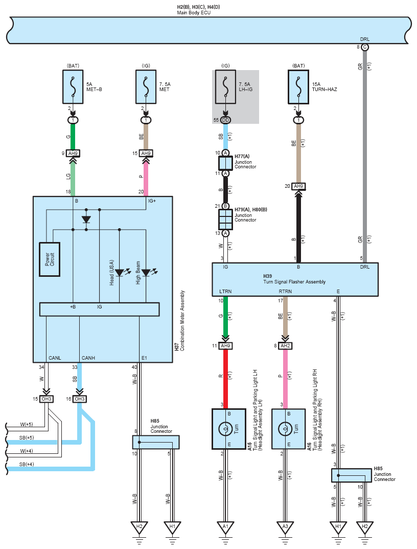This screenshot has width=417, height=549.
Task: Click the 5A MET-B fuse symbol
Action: (73, 87)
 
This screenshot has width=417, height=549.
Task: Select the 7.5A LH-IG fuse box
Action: (225, 87)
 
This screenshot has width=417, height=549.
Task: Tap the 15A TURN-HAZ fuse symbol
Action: (298, 87)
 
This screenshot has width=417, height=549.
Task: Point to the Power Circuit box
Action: (50, 259)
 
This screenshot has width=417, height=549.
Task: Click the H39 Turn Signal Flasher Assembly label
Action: (294, 279)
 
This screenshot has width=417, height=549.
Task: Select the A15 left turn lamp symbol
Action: (225, 428)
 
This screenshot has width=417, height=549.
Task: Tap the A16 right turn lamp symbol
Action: (285, 428)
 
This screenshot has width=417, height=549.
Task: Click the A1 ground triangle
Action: (225, 526)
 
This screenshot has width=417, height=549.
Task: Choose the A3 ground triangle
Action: (285, 526)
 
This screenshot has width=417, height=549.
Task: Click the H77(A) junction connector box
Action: (225, 163)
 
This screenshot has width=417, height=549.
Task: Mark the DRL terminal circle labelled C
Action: (364, 47)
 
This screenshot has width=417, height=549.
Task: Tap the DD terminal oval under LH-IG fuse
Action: (225, 120)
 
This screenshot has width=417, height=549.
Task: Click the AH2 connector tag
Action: (285, 346)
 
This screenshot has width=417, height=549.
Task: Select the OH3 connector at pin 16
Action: (79, 399)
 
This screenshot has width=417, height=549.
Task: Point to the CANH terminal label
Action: (88, 358)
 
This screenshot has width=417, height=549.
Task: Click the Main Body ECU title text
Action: (194, 13)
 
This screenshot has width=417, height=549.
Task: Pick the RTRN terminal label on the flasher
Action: (285, 291)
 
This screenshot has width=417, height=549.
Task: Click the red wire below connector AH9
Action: (225, 379)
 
